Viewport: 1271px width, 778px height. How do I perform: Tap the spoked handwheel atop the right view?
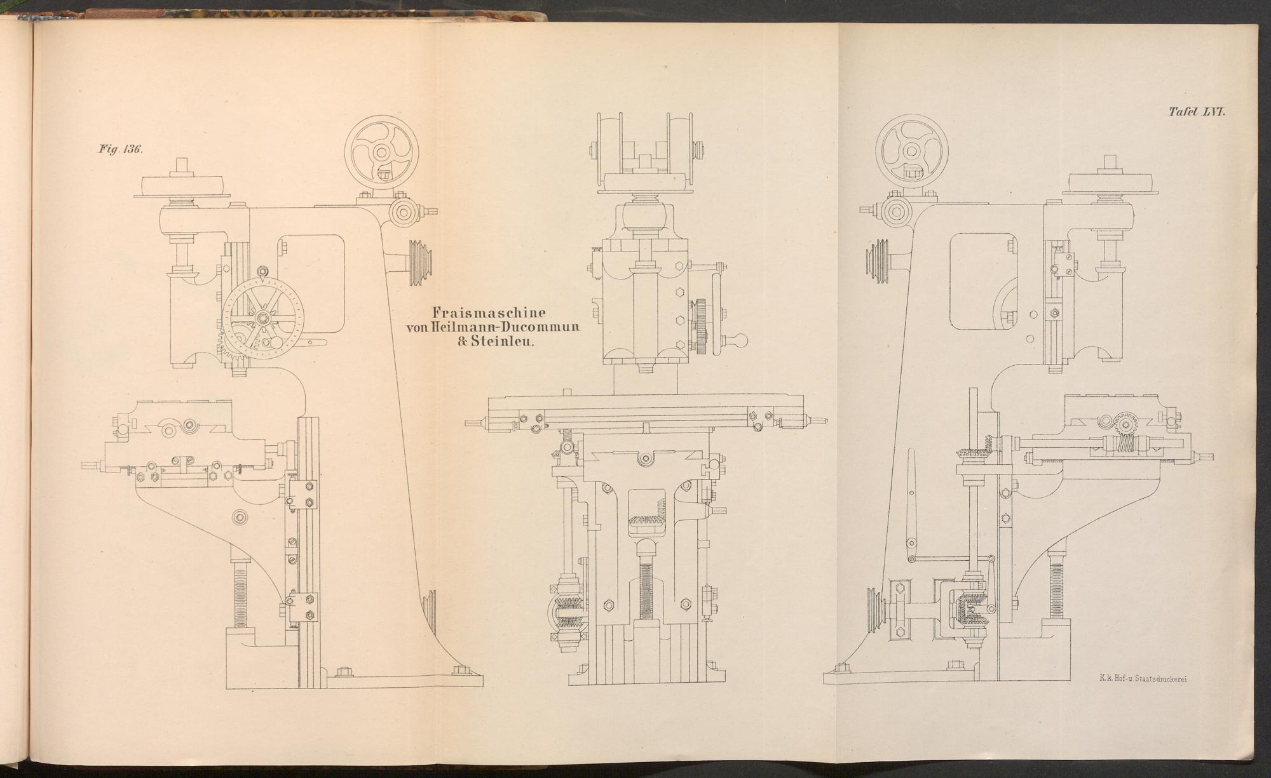coord(911,153)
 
